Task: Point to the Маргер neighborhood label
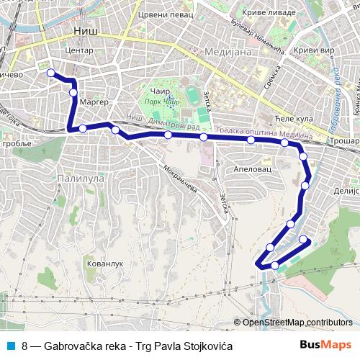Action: (x=94, y=102)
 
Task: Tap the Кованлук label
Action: (x=105, y=264)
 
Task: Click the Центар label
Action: (x=79, y=51)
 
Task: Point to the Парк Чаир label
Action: (x=162, y=102)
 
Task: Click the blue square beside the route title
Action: (x=9, y=346)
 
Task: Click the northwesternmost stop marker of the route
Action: (x=51, y=72)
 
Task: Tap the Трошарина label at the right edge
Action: (x=346, y=141)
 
